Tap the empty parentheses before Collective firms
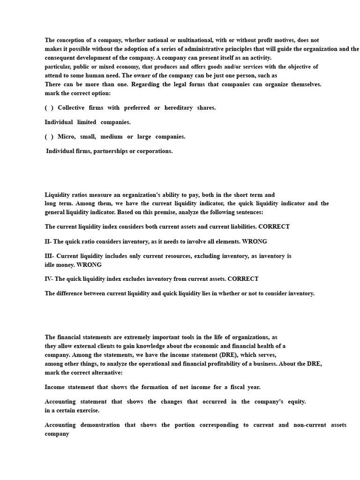coord(49,108)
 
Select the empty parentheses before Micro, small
coord(49,137)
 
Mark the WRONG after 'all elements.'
coord(255,241)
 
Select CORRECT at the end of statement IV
coord(243,279)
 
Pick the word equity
coord(295,402)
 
